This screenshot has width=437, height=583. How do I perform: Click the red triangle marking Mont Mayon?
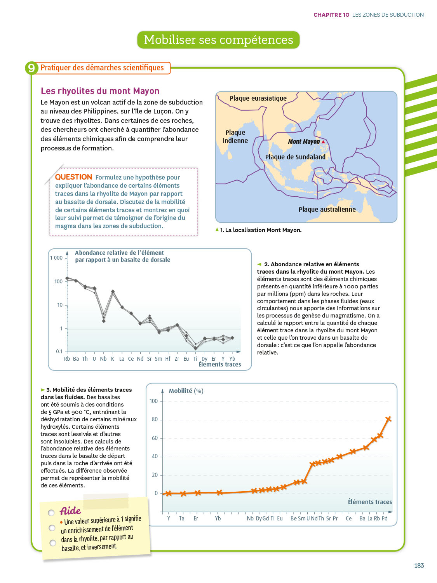323,142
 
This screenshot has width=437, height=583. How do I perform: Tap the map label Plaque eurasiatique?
258,98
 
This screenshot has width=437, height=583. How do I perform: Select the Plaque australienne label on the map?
327,209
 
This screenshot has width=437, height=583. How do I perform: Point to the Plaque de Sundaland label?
295,157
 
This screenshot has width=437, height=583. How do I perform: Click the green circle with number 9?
31,68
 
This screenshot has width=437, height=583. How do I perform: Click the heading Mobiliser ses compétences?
218,40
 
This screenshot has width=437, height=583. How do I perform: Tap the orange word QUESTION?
73,177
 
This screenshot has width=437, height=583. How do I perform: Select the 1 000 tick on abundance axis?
56,258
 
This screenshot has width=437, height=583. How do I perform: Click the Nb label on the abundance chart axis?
103,359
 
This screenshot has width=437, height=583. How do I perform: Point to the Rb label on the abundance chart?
67,359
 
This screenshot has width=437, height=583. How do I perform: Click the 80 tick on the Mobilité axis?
155,420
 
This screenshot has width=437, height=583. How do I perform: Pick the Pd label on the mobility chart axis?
385,518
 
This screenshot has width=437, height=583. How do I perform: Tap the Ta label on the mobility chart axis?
182,518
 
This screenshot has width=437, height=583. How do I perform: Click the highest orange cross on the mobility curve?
388,419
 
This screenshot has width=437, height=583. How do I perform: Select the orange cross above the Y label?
169,494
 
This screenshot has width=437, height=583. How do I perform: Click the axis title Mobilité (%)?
186,391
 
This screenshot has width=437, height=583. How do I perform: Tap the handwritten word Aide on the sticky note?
70,511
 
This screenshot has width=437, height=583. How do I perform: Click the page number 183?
419,566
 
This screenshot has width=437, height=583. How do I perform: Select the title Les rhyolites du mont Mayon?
100,91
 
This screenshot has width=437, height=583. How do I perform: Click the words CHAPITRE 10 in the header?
331,15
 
